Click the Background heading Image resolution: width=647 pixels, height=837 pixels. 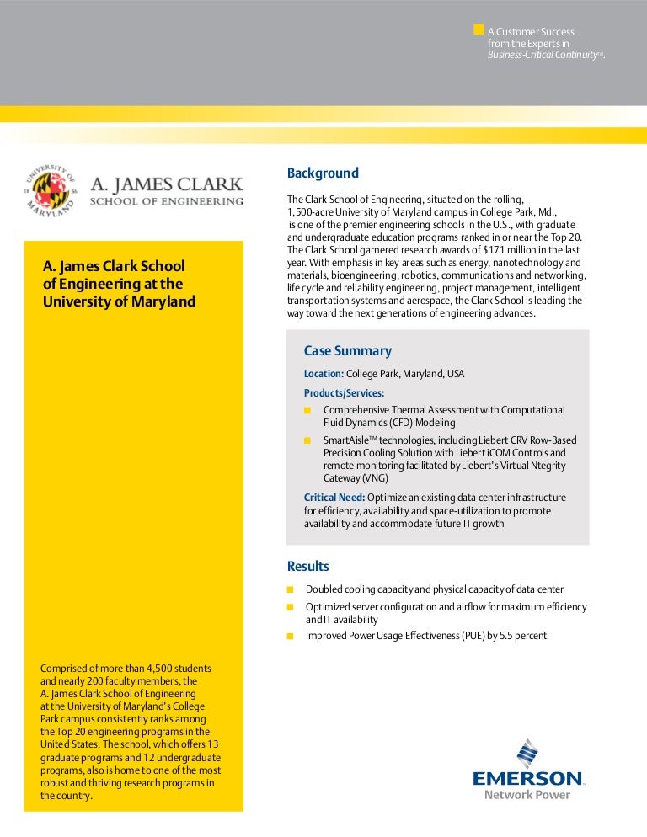coord(323,173)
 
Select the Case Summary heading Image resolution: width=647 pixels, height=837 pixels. coord(347,351)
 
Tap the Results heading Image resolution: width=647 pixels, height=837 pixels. coord(308,567)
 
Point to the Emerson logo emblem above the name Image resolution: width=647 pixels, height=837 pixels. coord(527,754)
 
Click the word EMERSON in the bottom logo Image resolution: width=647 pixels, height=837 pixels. coord(527,779)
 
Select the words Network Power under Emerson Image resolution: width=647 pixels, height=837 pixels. coord(527,795)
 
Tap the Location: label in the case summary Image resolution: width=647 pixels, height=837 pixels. coord(323,374)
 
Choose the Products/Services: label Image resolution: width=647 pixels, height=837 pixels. coord(344,393)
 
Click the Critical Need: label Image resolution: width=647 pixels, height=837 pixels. coord(334,498)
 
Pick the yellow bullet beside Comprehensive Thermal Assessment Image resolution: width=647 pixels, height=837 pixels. coord(307,410)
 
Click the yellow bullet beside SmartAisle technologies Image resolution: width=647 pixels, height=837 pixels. coord(307,440)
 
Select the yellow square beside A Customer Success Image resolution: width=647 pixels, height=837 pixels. coord(479,29)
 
